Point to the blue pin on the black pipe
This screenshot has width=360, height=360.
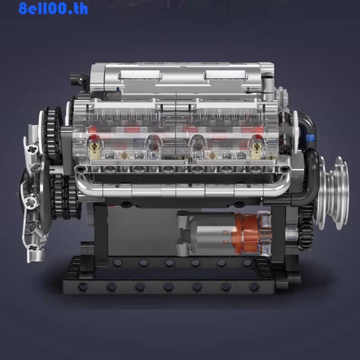(309, 138)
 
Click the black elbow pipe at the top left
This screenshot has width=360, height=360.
(80, 77)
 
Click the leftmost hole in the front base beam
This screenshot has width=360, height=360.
(83, 287)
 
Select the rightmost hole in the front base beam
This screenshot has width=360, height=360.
(254, 287)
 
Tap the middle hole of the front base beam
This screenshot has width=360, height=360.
(168, 287)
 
